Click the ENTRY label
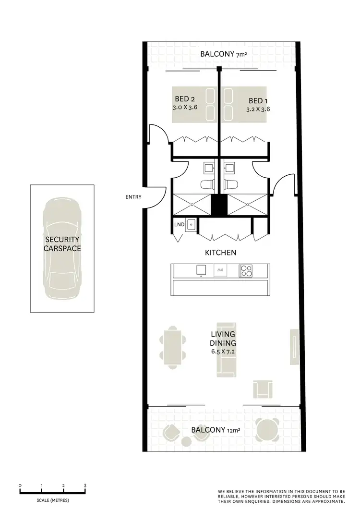[133, 196]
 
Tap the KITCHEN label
[220, 252]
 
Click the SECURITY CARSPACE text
[62, 243]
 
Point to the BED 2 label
[184, 99]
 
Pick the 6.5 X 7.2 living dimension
[222, 352]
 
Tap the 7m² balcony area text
[241, 55]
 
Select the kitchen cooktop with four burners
[246, 271]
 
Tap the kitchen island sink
[201, 270]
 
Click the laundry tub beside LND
[191, 224]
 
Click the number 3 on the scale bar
[85, 486]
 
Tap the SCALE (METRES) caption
[53, 500]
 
